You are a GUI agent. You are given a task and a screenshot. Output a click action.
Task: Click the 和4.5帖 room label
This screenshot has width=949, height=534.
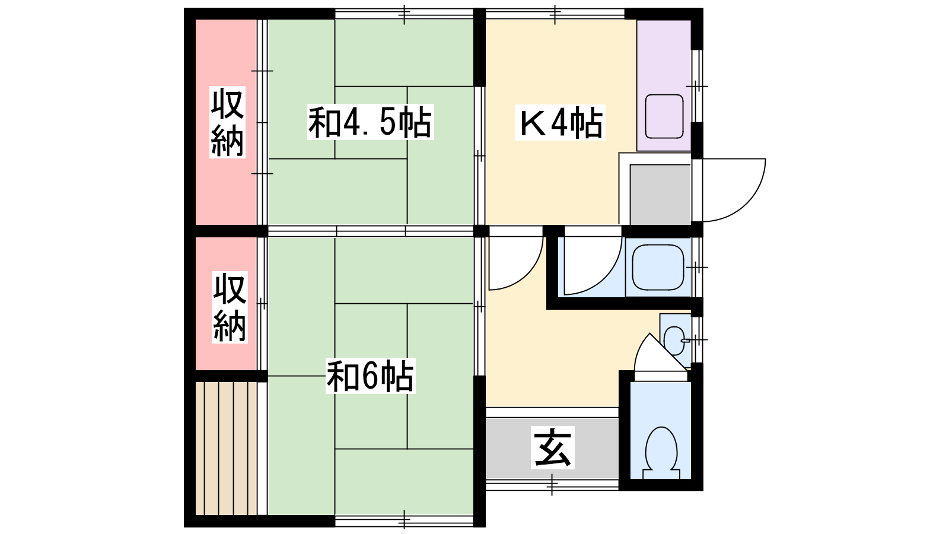[370, 122]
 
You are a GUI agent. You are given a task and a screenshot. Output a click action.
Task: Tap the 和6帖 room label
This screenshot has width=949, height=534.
[370, 376]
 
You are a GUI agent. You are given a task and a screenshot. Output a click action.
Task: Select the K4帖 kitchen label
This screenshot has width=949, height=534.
[560, 122]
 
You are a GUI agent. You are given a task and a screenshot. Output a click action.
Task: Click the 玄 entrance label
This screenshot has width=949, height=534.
[552, 447]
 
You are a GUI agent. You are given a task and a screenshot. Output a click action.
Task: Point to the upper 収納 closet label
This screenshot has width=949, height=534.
[228, 122]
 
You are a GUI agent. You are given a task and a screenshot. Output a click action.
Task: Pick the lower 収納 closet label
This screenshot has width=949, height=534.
[230, 307]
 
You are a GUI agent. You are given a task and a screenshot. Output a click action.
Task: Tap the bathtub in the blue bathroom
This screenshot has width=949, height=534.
[658, 267]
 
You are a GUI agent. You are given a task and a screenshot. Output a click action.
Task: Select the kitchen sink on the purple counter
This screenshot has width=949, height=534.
[664, 116]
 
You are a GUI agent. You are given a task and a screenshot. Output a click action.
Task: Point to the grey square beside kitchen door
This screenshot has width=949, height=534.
[661, 195]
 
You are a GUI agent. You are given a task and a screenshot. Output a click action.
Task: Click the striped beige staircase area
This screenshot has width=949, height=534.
[226, 449]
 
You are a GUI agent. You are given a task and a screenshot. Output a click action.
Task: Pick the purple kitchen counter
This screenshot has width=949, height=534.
[664, 85]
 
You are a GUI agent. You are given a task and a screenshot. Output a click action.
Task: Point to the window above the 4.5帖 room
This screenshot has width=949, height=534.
[404, 14]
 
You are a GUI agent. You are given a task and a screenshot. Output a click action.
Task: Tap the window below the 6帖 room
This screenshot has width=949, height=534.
[404, 521]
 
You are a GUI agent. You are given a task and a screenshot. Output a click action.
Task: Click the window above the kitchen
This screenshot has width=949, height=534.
[555, 14]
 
